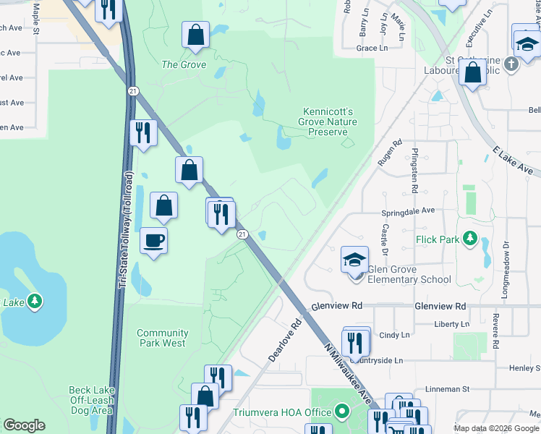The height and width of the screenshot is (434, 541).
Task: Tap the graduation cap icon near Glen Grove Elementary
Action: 354,258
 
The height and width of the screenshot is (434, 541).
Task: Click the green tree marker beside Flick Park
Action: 470,237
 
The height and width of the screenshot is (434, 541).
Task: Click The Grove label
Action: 184,64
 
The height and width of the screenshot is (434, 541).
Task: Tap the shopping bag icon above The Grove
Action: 195,33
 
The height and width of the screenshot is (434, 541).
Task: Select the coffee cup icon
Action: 153,239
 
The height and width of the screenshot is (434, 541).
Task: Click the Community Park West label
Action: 163,338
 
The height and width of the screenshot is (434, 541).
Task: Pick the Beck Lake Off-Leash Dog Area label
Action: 91,400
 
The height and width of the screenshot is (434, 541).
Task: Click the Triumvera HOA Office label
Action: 282,413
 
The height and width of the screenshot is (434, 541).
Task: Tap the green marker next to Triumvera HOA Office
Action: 342,413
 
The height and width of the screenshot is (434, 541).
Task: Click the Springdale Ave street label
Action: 409,211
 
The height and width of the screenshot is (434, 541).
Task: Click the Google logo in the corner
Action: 24,425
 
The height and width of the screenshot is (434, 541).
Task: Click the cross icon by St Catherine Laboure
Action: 511,64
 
